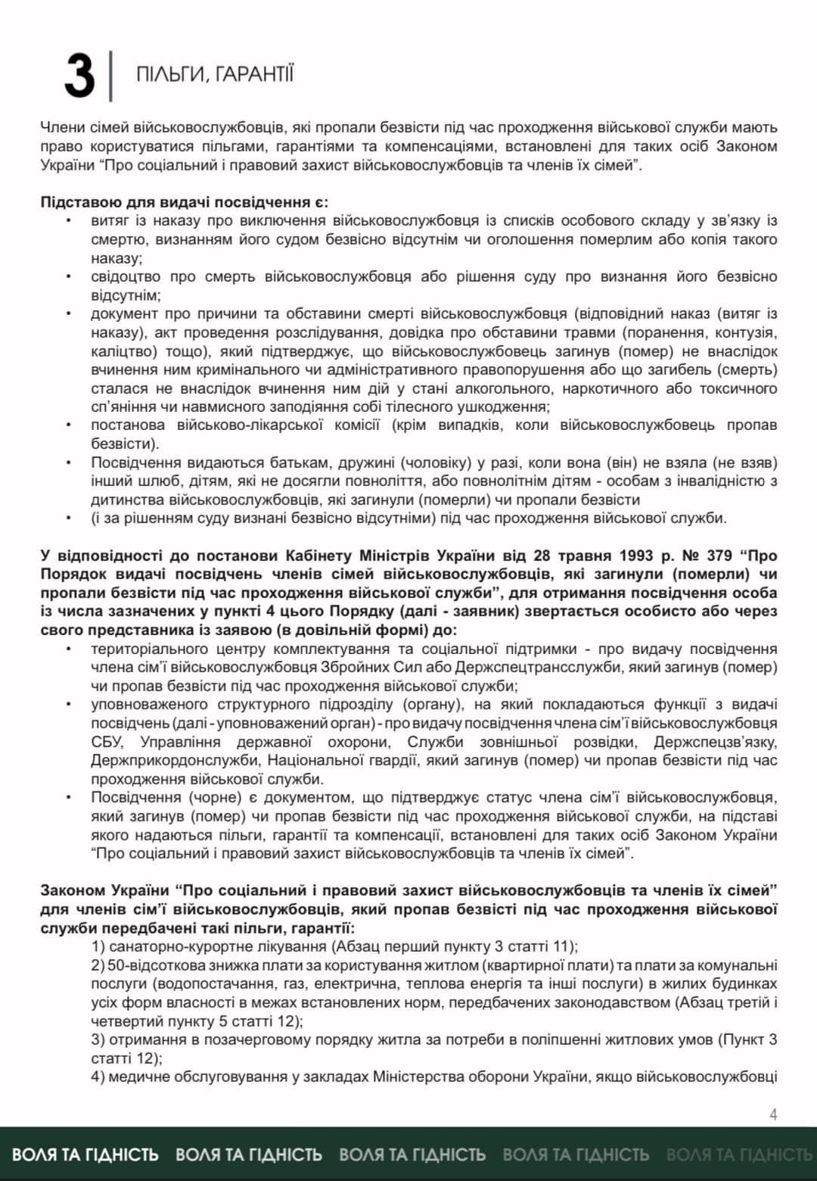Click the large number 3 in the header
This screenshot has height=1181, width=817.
pyautogui.click(x=79, y=76)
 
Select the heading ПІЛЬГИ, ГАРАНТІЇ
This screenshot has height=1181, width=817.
pyautogui.click(x=214, y=74)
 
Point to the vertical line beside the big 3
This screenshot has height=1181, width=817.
pyautogui.click(x=111, y=76)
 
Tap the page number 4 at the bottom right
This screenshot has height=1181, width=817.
pyautogui.click(x=773, y=1114)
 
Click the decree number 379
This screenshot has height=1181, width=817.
pyautogui.click(x=719, y=556)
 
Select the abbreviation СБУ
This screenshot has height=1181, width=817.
pyautogui.click(x=104, y=742)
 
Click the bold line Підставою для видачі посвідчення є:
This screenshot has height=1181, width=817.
pyautogui.click(x=184, y=202)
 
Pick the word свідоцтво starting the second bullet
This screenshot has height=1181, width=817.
pyautogui.click(x=125, y=276)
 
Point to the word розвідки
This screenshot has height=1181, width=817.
pyautogui.click(x=601, y=742)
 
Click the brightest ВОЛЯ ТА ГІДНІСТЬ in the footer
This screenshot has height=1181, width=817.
pyautogui.click(x=85, y=1155)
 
